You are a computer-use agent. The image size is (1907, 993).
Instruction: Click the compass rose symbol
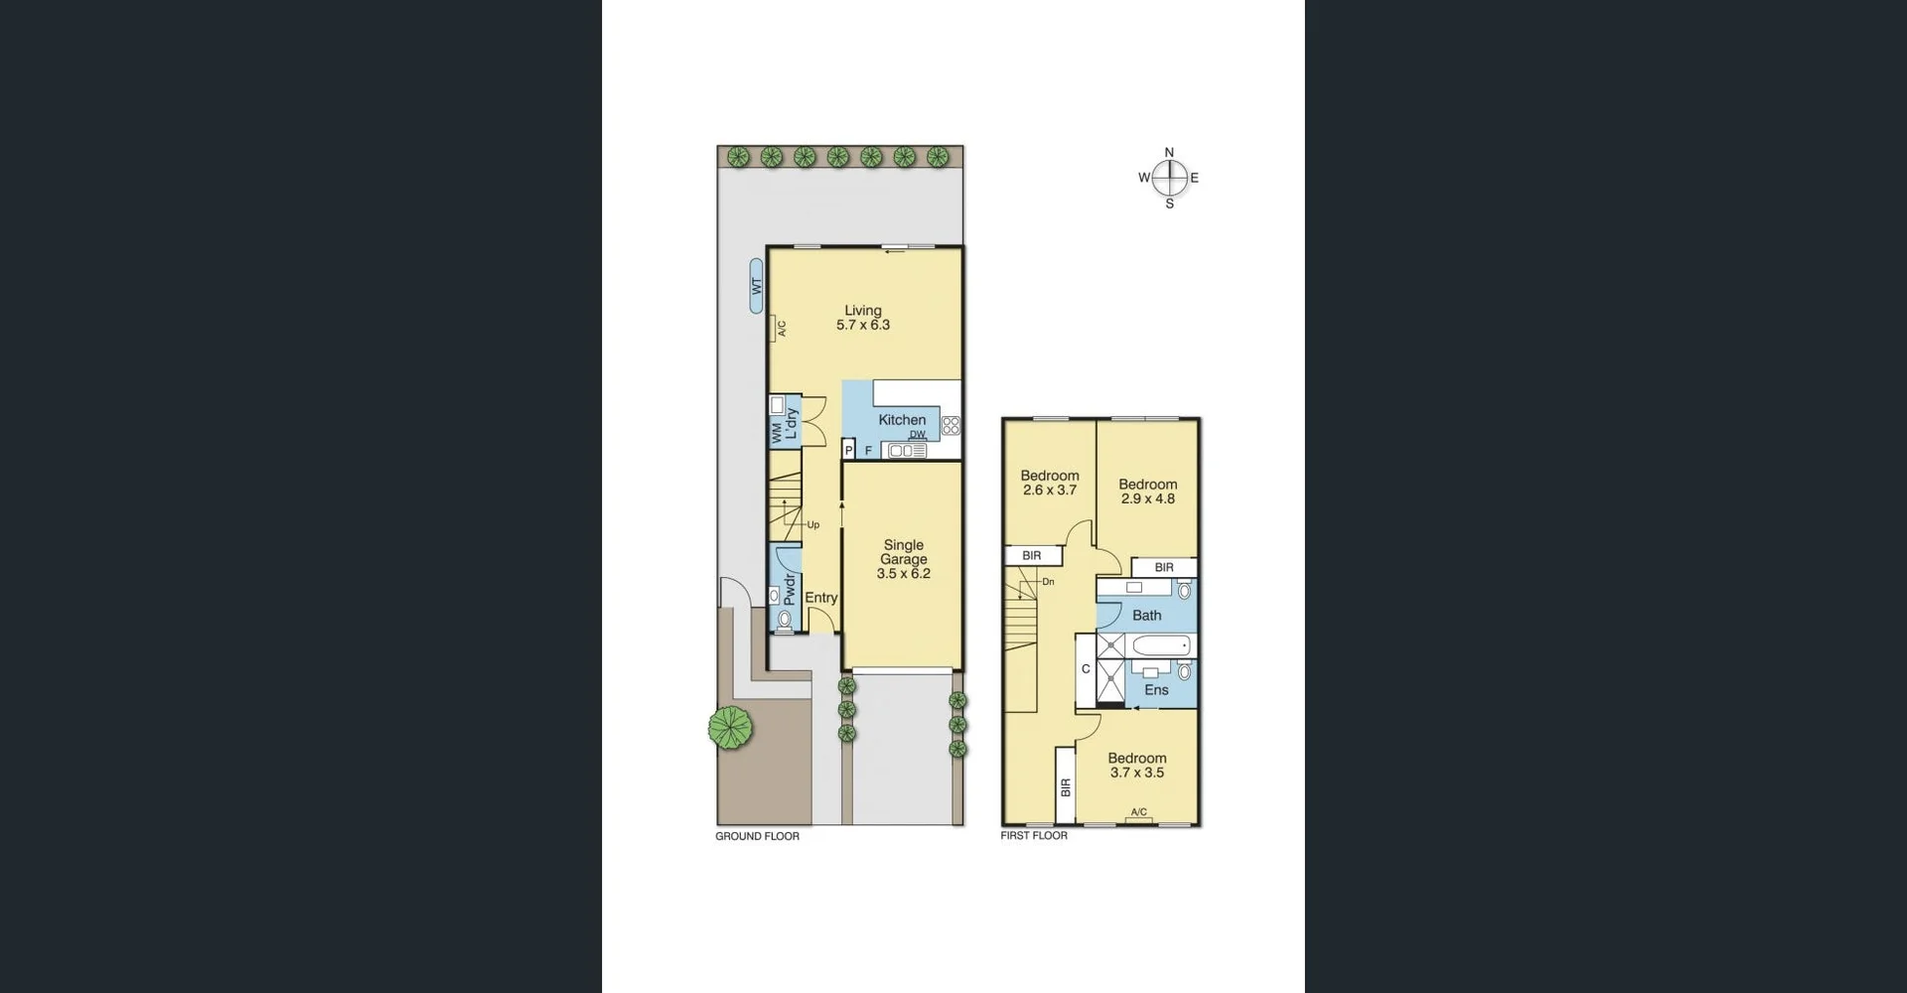pos(1169,178)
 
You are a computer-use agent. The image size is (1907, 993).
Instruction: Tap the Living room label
pos(863,318)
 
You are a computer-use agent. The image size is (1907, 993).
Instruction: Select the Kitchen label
pos(902,420)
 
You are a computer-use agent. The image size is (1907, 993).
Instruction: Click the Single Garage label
pos(904,559)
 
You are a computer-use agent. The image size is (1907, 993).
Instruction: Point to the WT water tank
pos(757,286)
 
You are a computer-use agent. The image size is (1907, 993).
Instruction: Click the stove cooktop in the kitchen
pos(951,426)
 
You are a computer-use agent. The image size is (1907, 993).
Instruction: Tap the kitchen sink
pos(907,451)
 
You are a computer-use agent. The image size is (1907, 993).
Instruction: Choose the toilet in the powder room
pos(785,620)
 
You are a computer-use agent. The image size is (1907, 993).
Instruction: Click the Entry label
pos(821,598)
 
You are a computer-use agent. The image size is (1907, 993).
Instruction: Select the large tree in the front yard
pos(730,727)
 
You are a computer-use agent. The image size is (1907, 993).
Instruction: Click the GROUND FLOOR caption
pos(757,836)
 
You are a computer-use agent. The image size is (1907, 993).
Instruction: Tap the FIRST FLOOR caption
pos(1034,836)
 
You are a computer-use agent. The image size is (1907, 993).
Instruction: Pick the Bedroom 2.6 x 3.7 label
pos(1050,483)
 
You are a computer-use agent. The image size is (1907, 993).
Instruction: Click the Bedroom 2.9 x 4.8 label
pos(1148,492)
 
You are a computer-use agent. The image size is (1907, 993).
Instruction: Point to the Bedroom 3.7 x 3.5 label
pos(1137,766)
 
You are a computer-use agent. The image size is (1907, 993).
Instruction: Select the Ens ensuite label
pos(1156,690)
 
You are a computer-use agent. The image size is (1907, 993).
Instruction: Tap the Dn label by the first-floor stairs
pos(1048,582)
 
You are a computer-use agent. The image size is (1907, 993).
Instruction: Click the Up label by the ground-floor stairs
pos(812,525)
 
